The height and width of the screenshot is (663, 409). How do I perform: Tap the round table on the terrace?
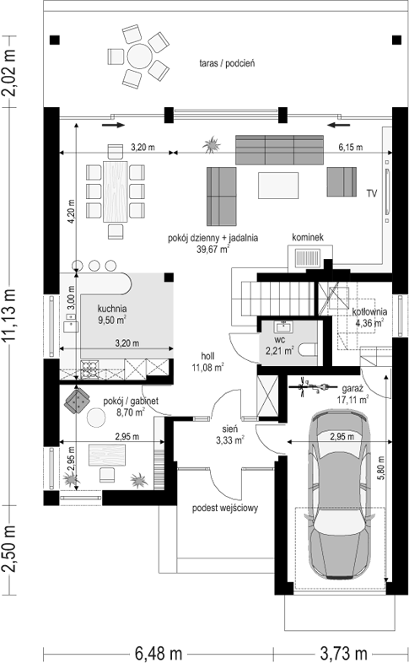click(x=140, y=57)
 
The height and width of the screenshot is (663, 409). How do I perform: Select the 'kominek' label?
click(x=308, y=237)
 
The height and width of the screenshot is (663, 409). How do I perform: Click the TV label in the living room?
click(x=372, y=194)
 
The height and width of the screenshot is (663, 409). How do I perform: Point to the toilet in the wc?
click(x=308, y=350)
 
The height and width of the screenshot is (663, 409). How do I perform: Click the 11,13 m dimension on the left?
click(x=10, y=315)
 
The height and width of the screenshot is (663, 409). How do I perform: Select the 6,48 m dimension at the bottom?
click(x=159, y=653)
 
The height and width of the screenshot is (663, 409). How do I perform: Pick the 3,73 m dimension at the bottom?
click(x=344, y=653)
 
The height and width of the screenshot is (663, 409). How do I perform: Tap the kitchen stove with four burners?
click(x=89, y=369)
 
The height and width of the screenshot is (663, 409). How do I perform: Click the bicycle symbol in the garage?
click(x=314, y=386)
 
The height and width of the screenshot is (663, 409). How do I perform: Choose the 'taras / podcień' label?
click(x=228, y=63)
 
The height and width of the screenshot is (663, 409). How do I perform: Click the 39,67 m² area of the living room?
click(x=213, y=249)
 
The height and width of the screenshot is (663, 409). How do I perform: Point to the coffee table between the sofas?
click(x=278, y=186)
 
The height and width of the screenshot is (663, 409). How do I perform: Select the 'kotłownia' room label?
click(x=369, y=311)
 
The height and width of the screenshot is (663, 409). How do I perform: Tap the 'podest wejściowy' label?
click(x=225, y=508)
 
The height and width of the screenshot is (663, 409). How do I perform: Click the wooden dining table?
click(x=116, y=191)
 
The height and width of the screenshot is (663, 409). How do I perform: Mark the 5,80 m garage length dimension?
click(x=381, y=467)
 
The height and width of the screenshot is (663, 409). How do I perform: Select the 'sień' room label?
click(x=230, y=429)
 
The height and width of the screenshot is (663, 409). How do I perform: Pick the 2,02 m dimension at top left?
click(x=10, y=73)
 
